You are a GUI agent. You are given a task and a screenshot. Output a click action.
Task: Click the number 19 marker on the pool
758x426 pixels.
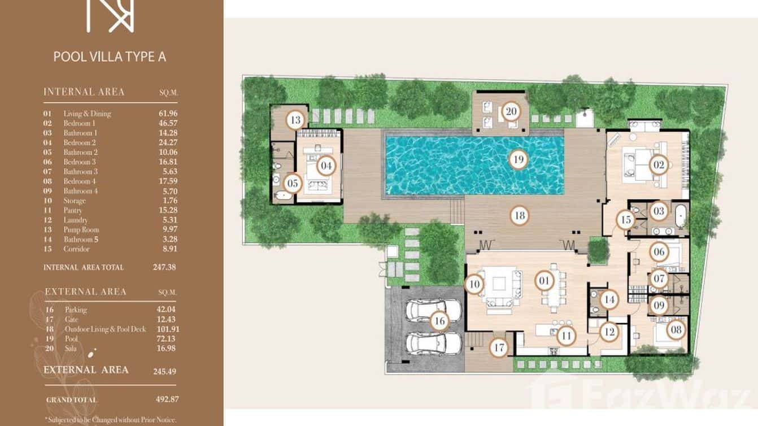518,159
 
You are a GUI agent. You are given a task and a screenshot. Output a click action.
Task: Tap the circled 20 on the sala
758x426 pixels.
511,111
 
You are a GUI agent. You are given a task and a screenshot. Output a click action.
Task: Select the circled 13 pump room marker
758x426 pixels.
295,120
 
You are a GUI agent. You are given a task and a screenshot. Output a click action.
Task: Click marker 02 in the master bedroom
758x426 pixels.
659,165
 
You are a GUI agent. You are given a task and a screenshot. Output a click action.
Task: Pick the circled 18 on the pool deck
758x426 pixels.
519,215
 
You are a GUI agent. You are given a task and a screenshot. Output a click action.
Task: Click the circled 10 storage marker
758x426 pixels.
474,284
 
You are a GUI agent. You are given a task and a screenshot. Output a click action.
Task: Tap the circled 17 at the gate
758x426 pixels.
498,347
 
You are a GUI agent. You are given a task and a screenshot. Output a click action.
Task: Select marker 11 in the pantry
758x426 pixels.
565,336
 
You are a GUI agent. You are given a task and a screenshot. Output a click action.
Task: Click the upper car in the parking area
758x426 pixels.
426,310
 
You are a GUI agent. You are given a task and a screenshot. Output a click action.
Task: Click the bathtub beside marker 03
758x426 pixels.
681,217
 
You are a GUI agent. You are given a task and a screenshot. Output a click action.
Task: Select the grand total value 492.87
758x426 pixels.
167,399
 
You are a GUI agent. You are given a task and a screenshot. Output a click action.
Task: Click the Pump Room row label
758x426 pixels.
81,229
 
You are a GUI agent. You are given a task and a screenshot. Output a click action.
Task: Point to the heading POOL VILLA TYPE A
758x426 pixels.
110,56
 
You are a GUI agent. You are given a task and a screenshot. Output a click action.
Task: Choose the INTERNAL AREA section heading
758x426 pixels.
84,92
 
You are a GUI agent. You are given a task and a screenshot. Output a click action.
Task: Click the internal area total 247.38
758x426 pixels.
164,267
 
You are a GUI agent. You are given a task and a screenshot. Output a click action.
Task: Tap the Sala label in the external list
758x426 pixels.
71,348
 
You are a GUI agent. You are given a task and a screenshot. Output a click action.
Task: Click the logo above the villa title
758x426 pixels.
110,15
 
